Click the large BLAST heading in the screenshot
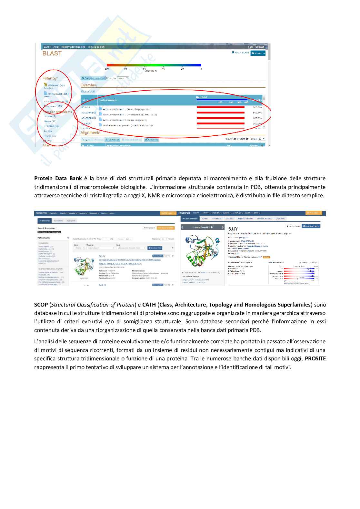click(52, 54)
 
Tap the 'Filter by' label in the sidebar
click(50, 78)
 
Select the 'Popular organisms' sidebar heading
click(57, 112)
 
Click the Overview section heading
click(89, 85)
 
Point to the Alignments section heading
click(90, 132)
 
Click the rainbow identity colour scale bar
click(154, 65)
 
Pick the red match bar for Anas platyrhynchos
click(220, 107)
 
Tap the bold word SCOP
click(41, 305)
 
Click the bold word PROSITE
click(315, 358)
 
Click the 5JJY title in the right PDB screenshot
click(233, 229)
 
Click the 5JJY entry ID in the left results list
click(102, 256)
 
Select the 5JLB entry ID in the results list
click(102, 285)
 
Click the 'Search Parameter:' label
click(46, 228)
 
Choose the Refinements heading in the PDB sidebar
click(44, 238)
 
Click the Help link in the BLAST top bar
click(250, 47)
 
